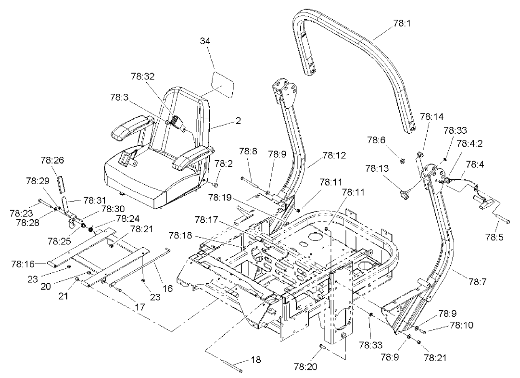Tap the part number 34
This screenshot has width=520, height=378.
coord(205,41)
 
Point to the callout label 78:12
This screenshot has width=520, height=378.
coord(333,155)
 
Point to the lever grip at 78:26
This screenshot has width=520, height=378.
coord(61,184)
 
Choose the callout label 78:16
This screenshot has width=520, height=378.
coord(22,264)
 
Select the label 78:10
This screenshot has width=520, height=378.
coord(461,325)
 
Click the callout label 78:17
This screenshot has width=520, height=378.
coord(206,219)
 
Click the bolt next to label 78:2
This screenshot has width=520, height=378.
coord(215,184)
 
